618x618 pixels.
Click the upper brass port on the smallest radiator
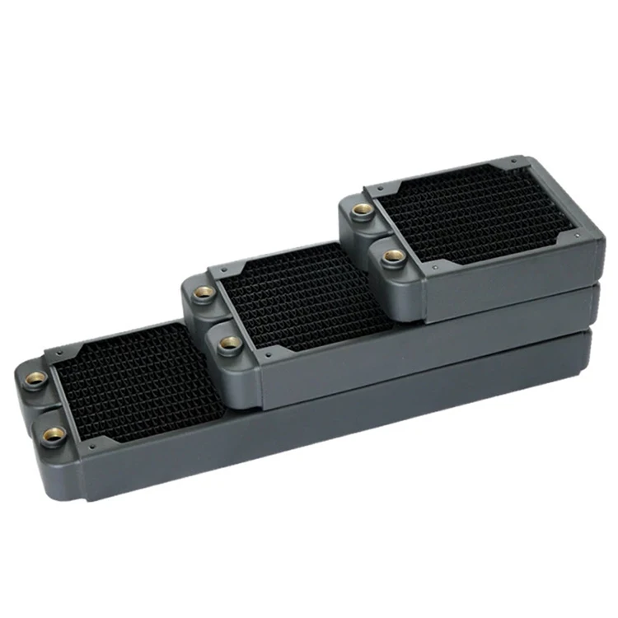[x=359, y=211]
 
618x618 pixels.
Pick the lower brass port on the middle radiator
[x=231, y=342]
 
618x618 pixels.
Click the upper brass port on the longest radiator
[x=35, y=379]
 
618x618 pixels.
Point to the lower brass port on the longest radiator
[x=54, y=435]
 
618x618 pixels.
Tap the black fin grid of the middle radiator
[x=305, y=297]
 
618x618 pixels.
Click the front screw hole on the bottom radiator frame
[x=90, y=447]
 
